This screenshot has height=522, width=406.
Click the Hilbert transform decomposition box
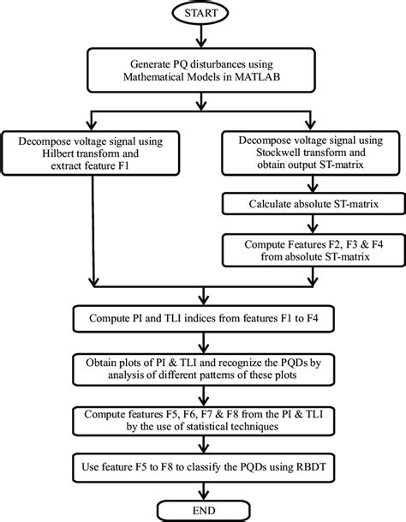(92, 150)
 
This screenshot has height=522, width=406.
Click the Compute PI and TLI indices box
(202, 318)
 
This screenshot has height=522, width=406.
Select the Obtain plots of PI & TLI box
(202, 367)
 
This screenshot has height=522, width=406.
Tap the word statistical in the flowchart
(227, 427)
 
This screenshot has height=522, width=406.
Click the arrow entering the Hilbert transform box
(92, 120)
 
